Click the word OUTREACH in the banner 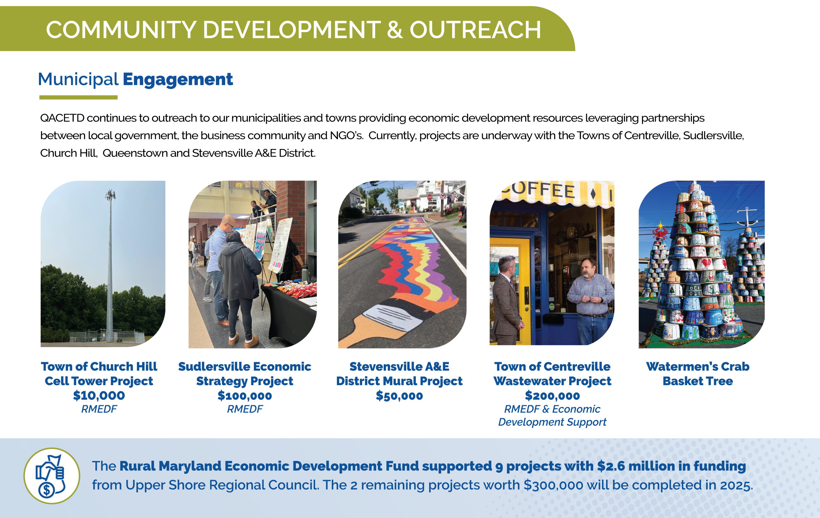click(475, 30)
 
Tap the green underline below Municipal click(78, 97)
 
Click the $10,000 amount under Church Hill click(99, 395)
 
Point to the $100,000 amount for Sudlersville click(245, 396)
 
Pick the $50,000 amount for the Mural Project click(399, 396)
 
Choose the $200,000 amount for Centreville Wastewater click(552, 396)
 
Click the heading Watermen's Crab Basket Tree click(698, 374)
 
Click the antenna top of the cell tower click(110, 195)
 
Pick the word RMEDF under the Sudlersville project click(245, 409)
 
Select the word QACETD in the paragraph click(62, 118)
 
